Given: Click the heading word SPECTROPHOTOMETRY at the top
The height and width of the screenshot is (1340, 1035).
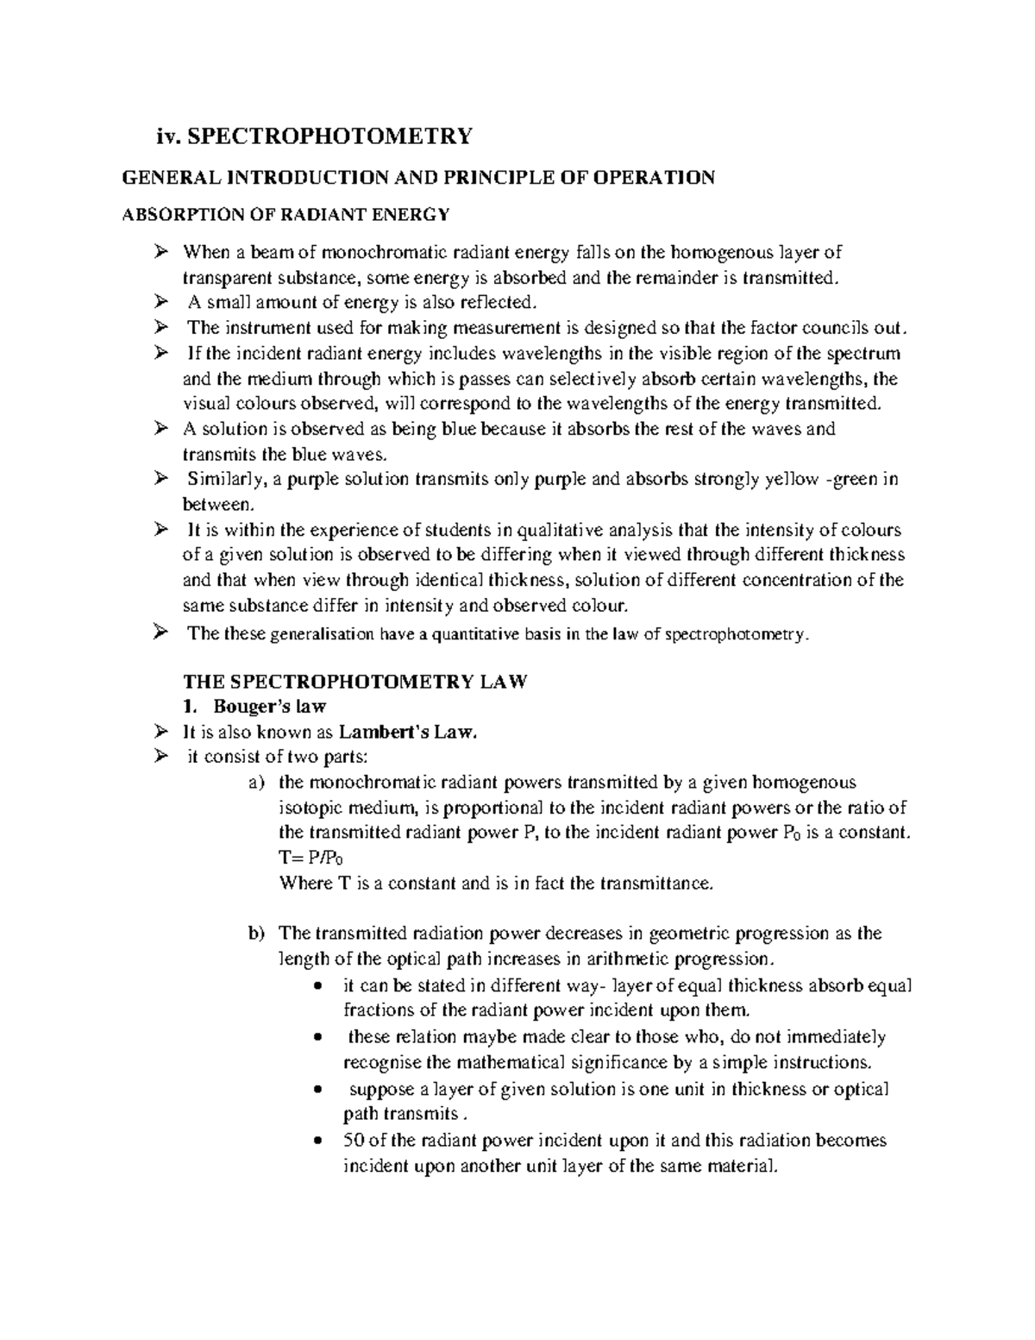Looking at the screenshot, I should pyautogui.click(x=330, y=135).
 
